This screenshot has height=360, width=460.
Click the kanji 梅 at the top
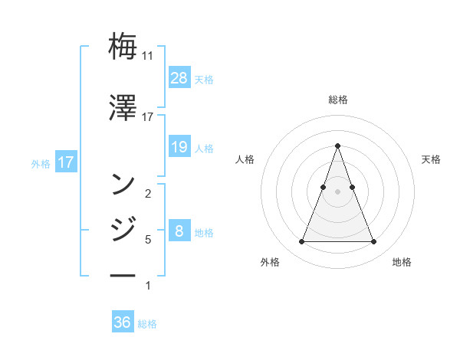tap(123, 46)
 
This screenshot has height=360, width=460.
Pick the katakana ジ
tap(123, 228)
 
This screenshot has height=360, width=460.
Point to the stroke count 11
tap(148, 56)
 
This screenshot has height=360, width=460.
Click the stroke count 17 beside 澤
tap(148, 117)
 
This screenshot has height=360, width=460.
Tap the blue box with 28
tap(179, 78)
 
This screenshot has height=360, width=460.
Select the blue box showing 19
tap(179, 147)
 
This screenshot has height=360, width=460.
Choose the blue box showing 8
tap(179, 231)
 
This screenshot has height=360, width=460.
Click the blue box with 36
tap(123, 322)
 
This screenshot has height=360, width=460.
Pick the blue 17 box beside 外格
tap(65, 162)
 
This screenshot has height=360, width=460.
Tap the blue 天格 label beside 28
tap(204, 80)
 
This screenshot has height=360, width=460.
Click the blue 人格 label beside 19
tap(204, 149)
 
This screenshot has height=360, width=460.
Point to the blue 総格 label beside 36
tap(147, 324)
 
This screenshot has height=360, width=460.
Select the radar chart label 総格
tap(337, 100)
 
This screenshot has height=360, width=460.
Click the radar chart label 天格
tap(431, 159)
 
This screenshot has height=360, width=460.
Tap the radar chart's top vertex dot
tap(337, 146)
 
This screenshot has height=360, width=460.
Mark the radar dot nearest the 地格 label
tap(373, 242)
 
